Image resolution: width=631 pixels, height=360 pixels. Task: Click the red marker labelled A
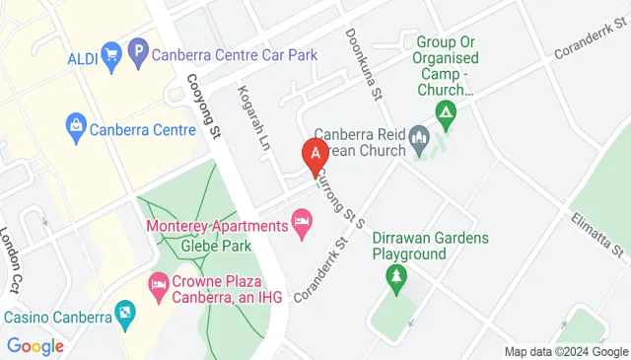315,155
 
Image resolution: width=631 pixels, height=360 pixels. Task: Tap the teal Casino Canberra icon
124,317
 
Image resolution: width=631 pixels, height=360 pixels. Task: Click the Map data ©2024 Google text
566,352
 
